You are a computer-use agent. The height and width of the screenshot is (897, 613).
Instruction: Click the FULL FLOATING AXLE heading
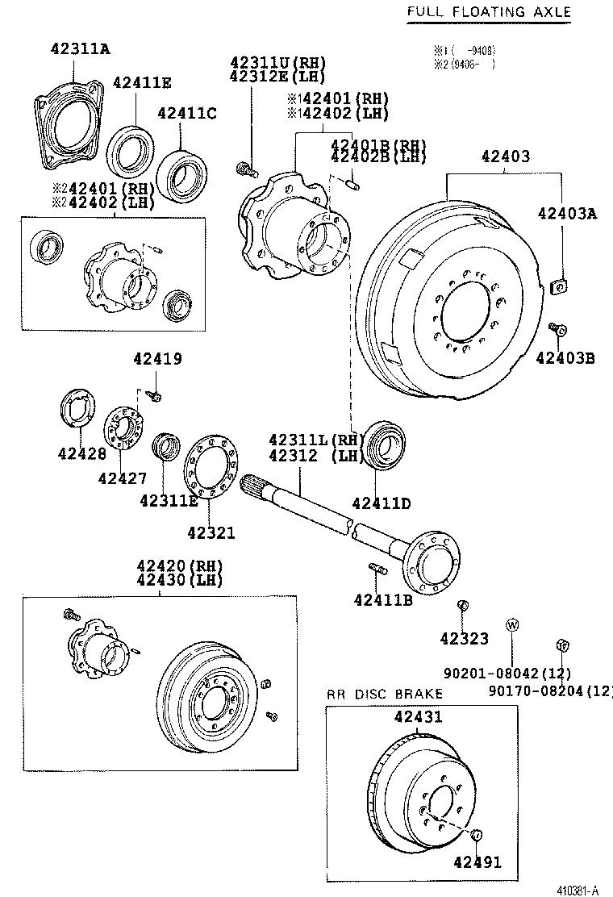(488, 11)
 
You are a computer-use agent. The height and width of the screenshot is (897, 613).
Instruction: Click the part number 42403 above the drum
(506, 156)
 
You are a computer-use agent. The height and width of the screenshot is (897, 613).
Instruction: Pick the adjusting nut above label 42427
(125, 428)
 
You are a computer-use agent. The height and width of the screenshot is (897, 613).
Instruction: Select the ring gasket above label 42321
(209, 469)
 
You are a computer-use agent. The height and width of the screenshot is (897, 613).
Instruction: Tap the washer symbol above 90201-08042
(511, 624)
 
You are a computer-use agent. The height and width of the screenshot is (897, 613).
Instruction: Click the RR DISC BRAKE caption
(385, 694)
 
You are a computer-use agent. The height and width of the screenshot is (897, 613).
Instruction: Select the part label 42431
(418, 716)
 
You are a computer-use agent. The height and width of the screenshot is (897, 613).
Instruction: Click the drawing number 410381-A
(577, 890)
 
